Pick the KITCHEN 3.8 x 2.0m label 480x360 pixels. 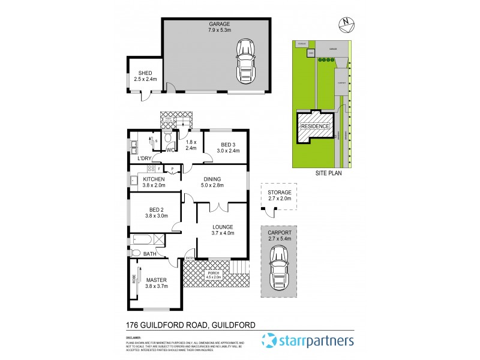[154, 182]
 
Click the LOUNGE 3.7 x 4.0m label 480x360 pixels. [222, 230]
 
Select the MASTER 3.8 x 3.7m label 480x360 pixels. [156, 283]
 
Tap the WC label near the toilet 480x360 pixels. [171, 151]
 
